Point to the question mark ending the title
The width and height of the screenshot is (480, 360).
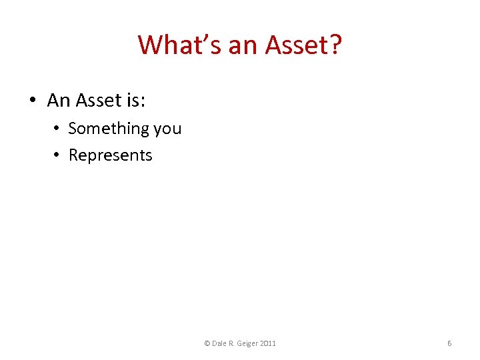tap(335, 45)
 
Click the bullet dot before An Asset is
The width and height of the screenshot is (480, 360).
tap(32, 101)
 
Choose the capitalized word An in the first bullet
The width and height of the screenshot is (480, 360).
tap(59, 101)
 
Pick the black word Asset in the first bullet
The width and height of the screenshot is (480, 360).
tap(98, 101)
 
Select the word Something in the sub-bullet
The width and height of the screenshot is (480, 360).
tap(109, 128)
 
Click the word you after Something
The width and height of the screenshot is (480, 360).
tap(167, 129)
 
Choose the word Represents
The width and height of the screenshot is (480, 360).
tap(111, 155)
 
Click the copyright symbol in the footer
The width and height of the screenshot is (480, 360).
tap(207, 343)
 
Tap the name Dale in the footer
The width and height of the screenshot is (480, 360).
tap(220, 343)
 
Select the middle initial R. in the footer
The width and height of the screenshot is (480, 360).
tap(234, 343)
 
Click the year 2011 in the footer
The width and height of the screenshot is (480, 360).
tap(269, 343)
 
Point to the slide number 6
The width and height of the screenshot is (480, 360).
tap(449, 343)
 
